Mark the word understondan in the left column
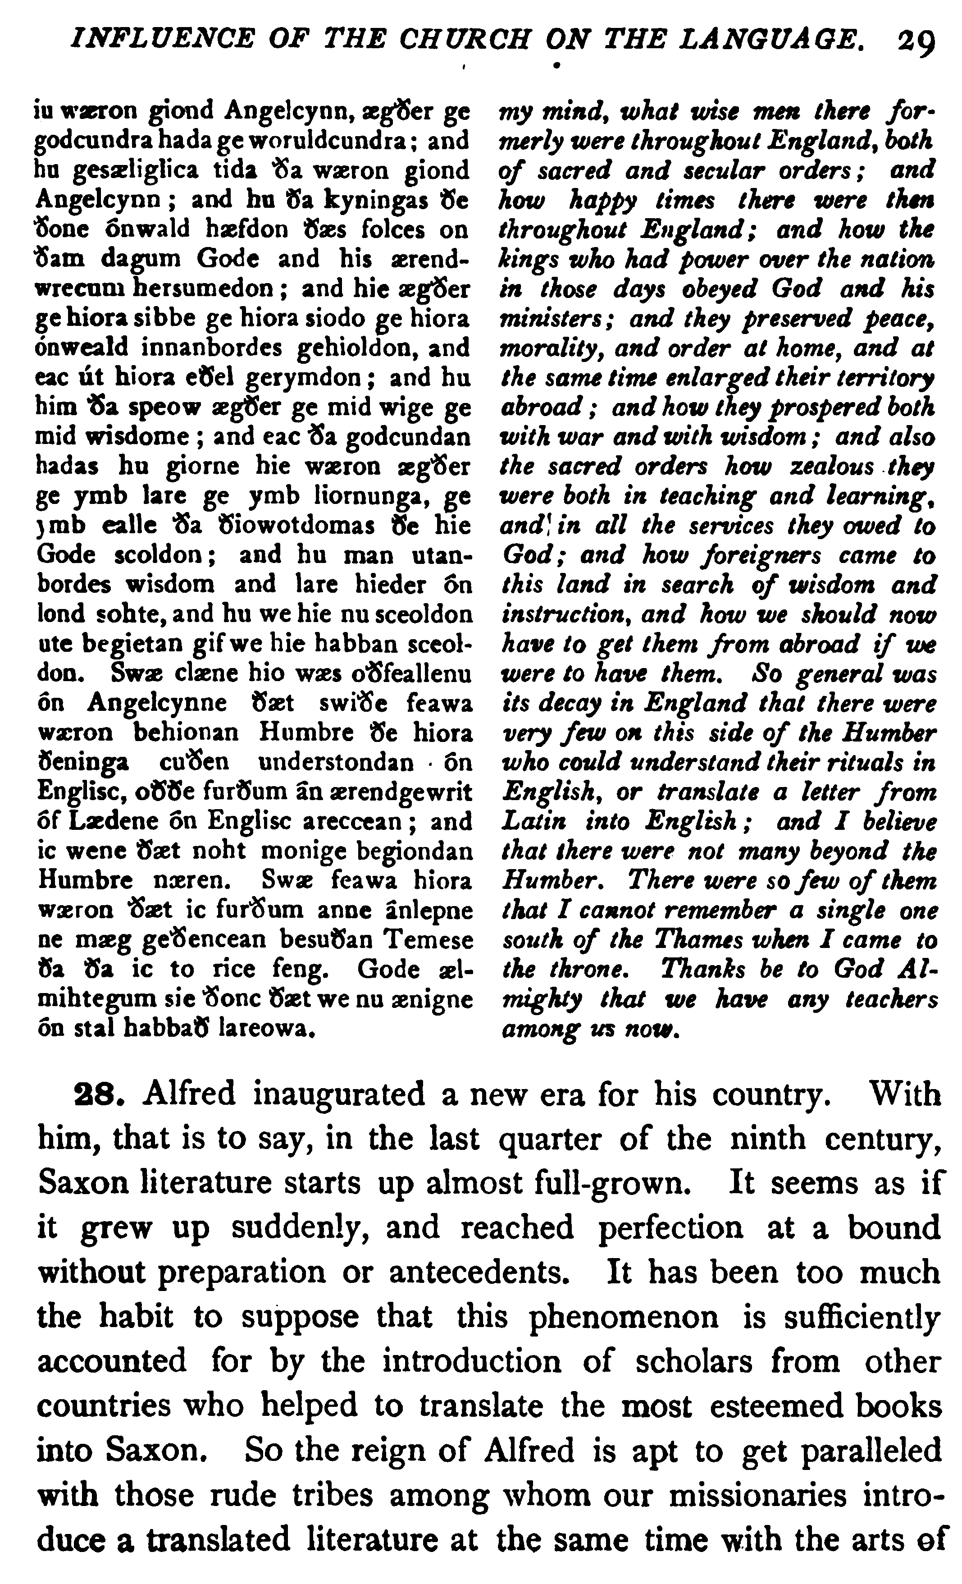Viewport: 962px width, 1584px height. tap(335, 762)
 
